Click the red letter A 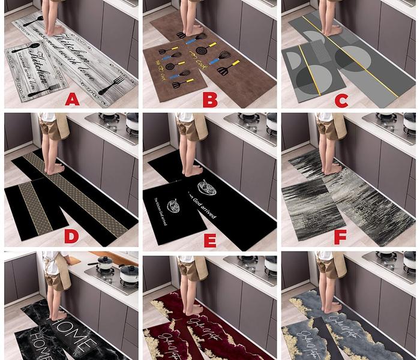tap(72, 99)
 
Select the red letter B tap(210, 99)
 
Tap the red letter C tap(341, 100)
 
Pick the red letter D tap(71, 236)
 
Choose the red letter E tap(210, 240)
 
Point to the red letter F tap(340, 237)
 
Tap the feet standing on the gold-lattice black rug tap(55, 169)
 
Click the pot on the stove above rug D tap(131, 121)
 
